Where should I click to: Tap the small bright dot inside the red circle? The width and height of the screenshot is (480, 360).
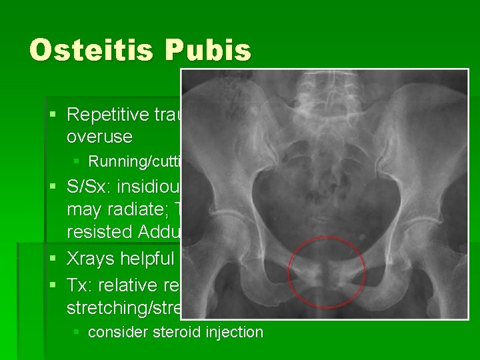coord(361,238)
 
